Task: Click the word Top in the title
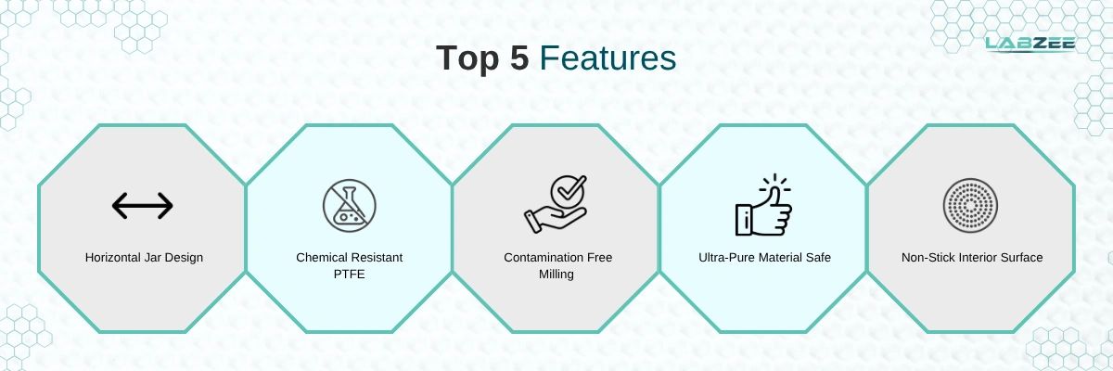pyautogui.click(x=467, y=59)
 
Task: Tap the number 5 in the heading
pyautogui.click(x=519, y=58)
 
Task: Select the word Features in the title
pyautogui.click(x=608, y=58)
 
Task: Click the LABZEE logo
pyautogui.click(x=1030, y=45)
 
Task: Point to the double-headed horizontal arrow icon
pyautogui.click(x=143, y=206)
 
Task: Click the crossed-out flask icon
pyautogui.click(x=350, y=206)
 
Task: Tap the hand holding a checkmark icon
pyautogui.click(x=556, y=204)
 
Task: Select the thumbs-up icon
pyautogui.click(x=763, y=205)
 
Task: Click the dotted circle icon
pyautogui.click(x=970, y=206)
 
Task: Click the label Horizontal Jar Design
pyautogui.click(x=144, y=257)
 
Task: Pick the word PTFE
pyautogui.click(x=350, y=275)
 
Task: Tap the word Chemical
pyautogui.click(x=321, y=257)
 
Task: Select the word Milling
pyautogui.click(x=556, y=275)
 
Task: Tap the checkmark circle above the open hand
pyautogui.click(x=569, y=191)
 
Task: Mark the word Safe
pyautogui.click(x=819, y=257)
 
